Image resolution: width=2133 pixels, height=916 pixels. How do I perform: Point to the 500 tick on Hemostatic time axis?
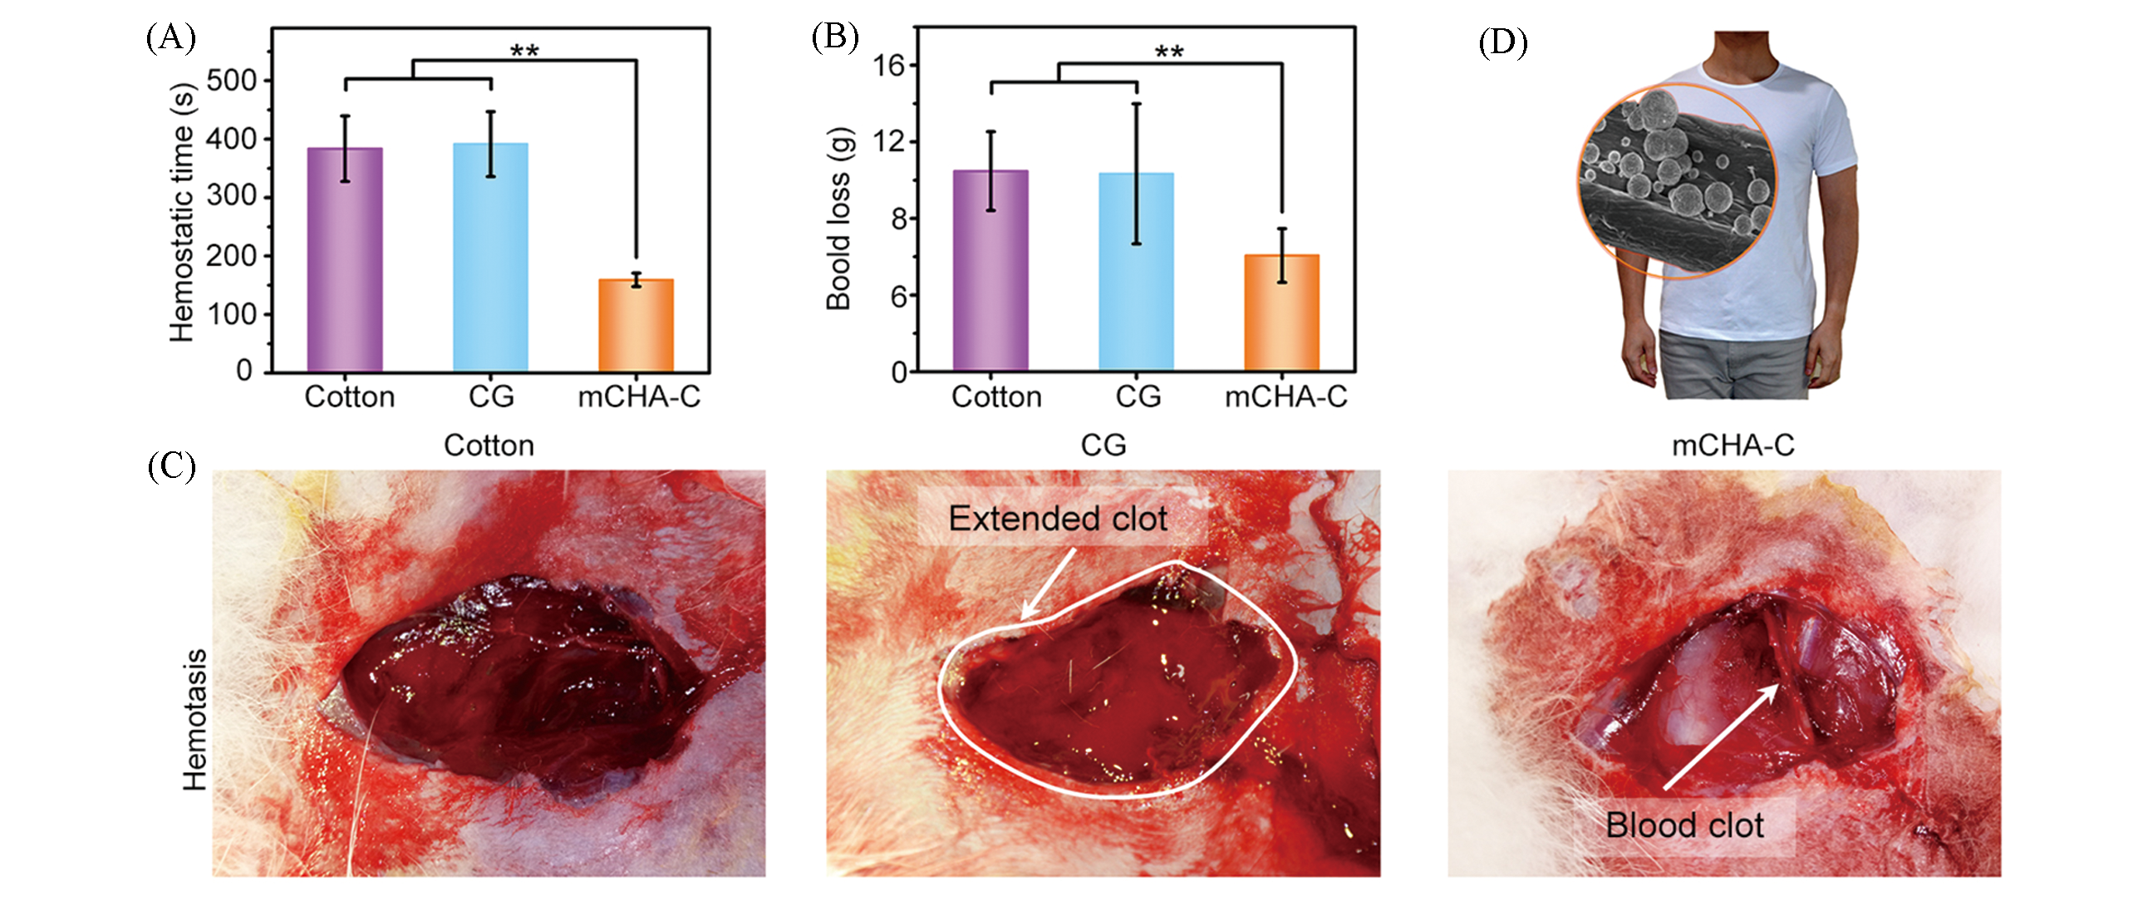tap(232, 81)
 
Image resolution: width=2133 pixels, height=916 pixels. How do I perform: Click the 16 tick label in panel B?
tap(887, 65)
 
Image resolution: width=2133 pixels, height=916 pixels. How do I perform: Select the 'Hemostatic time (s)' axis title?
tap(182, 212)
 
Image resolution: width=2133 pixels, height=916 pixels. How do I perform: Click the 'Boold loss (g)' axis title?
tap(839, 219)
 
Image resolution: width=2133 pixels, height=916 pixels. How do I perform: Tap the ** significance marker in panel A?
tap(524, 51)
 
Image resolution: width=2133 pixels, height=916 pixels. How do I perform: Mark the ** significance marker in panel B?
tap(1169, 52)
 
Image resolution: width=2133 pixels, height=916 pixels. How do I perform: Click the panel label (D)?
tap(1502, 42)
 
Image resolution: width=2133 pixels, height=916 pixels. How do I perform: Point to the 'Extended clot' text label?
tap(1058, 519)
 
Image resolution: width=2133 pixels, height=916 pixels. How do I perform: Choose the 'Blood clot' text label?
tap(1684, 825)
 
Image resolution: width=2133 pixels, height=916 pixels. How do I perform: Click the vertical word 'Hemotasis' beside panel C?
tap(194, 720)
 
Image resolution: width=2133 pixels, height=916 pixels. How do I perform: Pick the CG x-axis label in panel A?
tap(491, 396)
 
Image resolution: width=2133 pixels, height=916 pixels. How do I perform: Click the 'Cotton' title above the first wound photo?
tap(489, 446)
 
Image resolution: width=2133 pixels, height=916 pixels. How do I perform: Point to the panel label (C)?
tap(170, 465)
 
